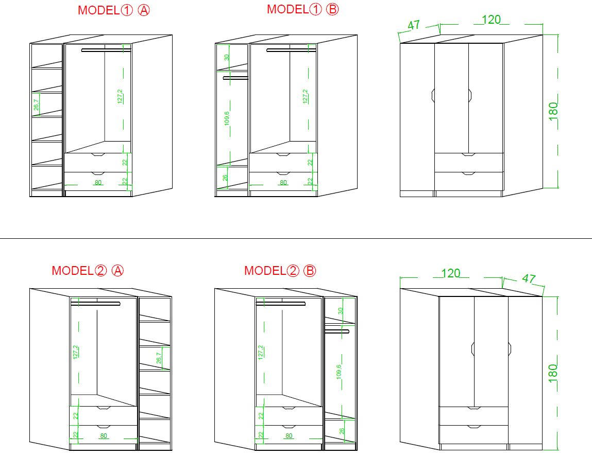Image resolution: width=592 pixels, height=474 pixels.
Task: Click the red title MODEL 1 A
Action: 114,10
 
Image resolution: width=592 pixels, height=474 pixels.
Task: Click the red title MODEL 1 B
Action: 303,9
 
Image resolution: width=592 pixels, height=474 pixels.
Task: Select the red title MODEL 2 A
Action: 88,270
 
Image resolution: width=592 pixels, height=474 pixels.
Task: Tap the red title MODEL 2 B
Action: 280,270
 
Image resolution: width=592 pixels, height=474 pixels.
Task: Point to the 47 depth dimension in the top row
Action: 414,25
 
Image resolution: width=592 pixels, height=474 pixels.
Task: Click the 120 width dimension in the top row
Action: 491,20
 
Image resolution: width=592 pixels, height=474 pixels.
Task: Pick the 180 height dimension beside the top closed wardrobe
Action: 553,111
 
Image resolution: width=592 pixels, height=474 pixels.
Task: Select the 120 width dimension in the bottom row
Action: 450,273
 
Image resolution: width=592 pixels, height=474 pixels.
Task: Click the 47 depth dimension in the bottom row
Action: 529,278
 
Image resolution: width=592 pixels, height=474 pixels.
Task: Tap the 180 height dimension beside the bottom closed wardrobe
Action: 553,373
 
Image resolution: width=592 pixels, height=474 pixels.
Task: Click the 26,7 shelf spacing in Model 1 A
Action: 36,104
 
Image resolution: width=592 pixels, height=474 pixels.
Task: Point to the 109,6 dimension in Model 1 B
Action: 227,118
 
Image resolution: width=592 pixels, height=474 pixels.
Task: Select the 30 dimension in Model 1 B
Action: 227,57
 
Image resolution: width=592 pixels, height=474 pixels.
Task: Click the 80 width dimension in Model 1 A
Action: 98,183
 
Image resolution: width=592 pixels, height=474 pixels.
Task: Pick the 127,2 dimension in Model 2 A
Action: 76,352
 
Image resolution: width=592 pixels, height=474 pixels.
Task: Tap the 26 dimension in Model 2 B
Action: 342,431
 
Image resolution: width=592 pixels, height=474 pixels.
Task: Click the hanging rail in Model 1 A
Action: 106,50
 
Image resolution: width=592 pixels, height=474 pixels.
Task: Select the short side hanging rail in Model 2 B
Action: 337,331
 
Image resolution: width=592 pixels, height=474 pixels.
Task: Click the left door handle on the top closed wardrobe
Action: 433,95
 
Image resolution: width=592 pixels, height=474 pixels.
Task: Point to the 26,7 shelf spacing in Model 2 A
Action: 159,358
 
